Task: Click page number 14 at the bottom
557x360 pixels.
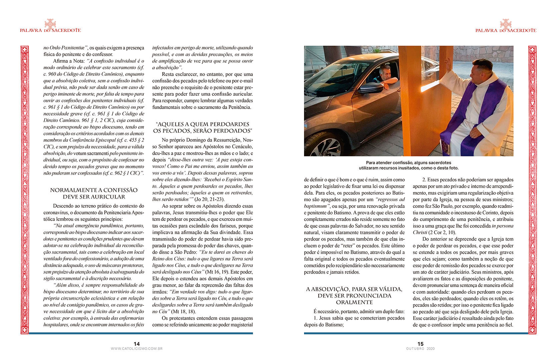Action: point(137,344)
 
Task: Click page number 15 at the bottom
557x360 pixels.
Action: point(420,344)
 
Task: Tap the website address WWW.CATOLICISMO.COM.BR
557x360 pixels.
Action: point(137,349)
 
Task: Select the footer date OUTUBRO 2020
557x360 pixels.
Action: point(420,349)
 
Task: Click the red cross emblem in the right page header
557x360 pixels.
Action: point(506,24)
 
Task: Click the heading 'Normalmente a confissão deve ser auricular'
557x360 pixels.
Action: point(94,193)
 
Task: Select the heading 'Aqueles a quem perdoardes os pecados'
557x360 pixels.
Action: point(202,127)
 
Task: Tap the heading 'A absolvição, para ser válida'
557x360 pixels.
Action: point(354,296)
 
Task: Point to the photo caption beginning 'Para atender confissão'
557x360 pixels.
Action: point(408,165)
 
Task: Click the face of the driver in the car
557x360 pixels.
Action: point(385,73)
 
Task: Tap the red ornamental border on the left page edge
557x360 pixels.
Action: point(25,190)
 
